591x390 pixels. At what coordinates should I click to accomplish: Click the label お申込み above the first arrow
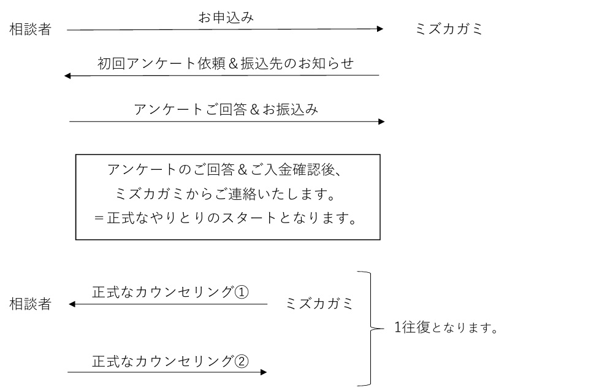pos(226,18)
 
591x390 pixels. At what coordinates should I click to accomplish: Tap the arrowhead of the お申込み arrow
pos(379,29)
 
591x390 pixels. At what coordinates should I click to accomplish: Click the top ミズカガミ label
pos(449,29)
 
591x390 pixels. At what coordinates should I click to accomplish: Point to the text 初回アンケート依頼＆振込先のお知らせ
pos(226,64)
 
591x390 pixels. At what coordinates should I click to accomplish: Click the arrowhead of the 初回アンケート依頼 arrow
pos(68,75)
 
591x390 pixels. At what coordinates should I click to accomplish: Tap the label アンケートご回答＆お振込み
pos(226,110)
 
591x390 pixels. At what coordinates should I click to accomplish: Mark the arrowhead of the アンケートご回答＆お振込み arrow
pos(381,121)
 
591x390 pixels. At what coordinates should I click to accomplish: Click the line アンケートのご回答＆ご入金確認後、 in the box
pos(227,170)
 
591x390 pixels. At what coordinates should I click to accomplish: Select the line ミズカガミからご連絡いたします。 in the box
pos(227,194)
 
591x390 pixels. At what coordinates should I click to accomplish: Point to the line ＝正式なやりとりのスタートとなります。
pos(226,219)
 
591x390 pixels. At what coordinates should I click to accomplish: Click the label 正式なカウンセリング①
pos(170,292)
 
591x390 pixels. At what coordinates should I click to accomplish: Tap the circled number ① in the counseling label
pos(241,292)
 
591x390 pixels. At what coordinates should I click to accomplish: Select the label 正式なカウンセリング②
pos(170,360)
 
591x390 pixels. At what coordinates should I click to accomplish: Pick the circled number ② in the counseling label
pos(241,360)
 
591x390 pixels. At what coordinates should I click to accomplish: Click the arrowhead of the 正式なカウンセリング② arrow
pos(264,372)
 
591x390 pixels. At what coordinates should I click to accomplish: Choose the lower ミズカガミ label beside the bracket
pos(319,304)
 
